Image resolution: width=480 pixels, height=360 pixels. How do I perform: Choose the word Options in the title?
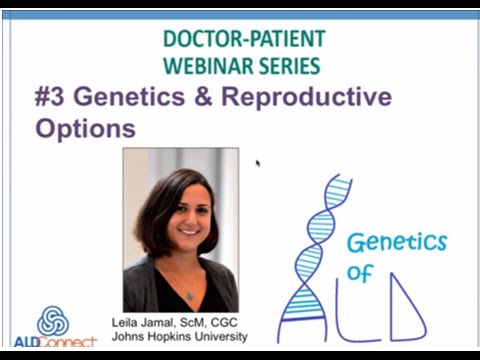85,128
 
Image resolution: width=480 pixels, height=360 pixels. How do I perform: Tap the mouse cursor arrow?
258,162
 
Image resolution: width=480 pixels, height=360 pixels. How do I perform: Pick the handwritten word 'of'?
359,274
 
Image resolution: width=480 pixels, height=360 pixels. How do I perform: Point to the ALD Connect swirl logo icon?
53,321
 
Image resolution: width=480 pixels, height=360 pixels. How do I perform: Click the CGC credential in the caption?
227,322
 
